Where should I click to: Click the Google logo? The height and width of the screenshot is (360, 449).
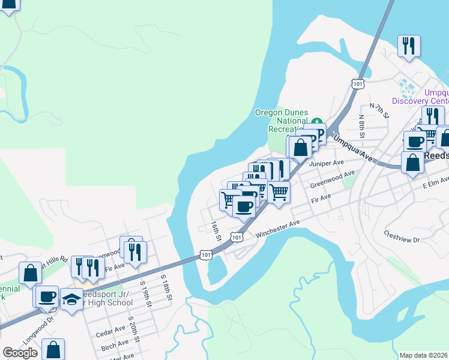click(19, 353)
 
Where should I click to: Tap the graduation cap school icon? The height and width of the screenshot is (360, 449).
click(71, 298)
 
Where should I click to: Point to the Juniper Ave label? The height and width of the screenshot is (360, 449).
click(327, 163)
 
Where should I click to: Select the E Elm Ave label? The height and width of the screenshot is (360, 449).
click(435, 182)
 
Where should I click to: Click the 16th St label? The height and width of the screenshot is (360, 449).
click(217, 231)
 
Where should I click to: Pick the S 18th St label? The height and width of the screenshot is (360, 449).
click(166, 289)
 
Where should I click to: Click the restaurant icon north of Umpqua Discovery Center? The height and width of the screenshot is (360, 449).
click(408, 46)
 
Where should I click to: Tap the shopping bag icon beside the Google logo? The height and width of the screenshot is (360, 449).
click(53, 349)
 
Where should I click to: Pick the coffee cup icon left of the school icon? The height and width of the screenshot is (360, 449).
click(47, 296)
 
